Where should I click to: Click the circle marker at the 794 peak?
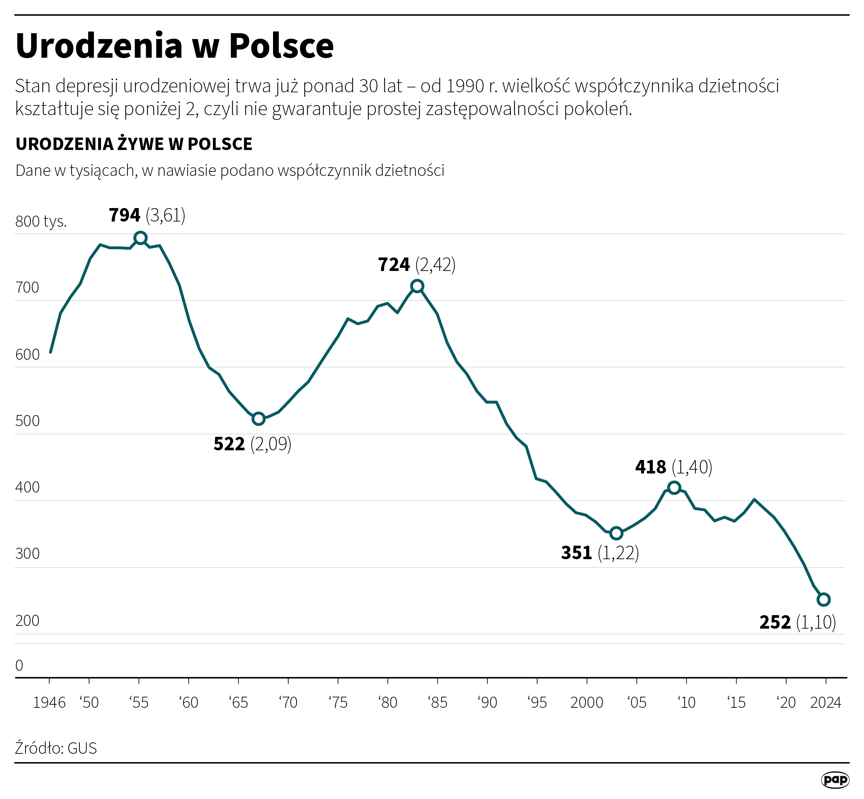point(140,238)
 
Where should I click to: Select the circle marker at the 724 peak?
point(417,286)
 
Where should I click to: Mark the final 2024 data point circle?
point(823,599)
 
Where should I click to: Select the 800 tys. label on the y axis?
point(41,222)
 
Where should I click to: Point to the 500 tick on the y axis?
point(27,421)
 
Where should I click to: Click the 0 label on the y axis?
point(19,665)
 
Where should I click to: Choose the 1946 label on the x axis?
point(49,703)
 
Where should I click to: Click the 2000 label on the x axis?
point(586,703)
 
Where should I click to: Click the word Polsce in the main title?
point(281,46)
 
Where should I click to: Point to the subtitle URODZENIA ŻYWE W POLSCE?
point(134,144)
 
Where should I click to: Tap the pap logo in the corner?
point(835,780)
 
